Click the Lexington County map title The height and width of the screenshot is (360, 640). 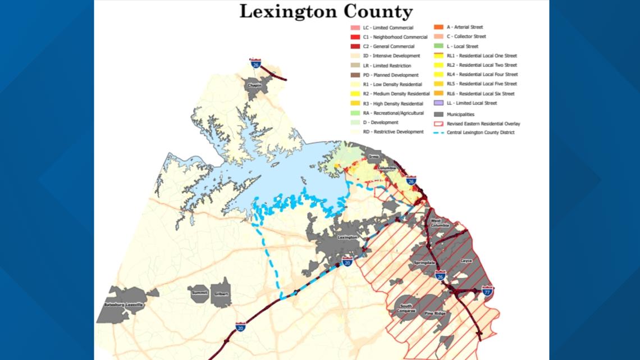(x=326, y=12)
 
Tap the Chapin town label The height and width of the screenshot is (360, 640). (x=255, y=85)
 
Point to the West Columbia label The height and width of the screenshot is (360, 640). (x=440, y=223)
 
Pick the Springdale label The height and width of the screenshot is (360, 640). (x=425, y=262)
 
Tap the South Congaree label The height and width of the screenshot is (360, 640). (x=408, y=308)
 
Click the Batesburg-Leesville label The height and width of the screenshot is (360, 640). (x=124, y=304)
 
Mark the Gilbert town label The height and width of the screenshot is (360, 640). (x=221, y=293)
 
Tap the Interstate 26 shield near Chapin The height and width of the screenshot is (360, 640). (x=255, y=63)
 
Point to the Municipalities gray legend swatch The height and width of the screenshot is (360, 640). (x=438, y=114)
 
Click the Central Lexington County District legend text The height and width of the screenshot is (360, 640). (x=481, y=133)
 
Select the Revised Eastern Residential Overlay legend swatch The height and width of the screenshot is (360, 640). (x=438, y=124)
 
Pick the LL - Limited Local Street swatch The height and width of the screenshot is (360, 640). (x=438, y=103)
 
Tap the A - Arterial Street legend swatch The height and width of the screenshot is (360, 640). (x=438, y=27)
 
